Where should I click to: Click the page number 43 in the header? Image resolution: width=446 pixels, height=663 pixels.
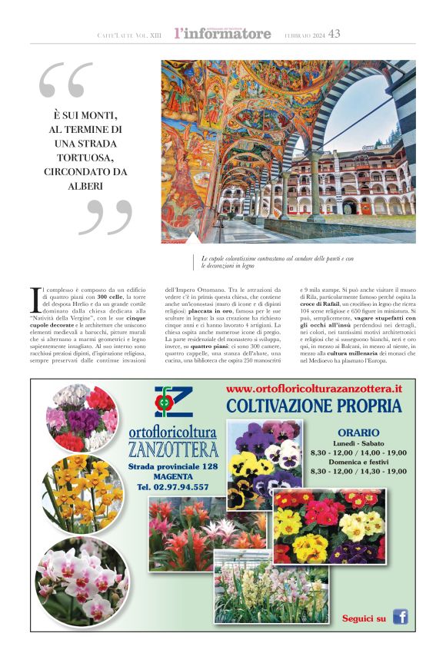point(334,34)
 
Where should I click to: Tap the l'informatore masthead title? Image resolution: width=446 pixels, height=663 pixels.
point(223,34)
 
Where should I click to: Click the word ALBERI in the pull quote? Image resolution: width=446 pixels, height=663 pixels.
point(86,185)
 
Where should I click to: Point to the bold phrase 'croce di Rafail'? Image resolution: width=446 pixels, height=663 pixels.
point(321,305)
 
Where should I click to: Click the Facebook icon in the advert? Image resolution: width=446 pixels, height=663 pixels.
point(400,616)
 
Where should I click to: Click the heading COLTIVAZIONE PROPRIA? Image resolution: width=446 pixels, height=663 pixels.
point(315,405)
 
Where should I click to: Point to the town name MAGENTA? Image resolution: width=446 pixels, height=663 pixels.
point(173,477)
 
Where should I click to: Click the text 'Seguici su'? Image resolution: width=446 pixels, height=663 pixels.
point(364,618)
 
